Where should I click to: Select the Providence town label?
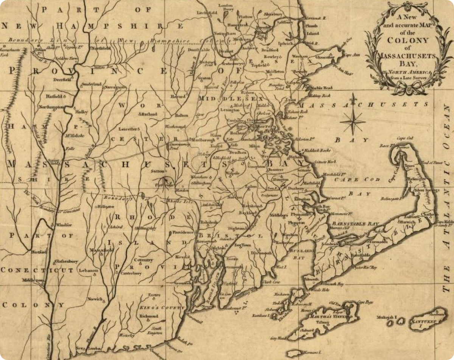pyautogui.click(x=183, y=232)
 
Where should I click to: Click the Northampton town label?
pyautogui.click(x=51, y=107)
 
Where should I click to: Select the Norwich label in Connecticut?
pyautogui.click(x=95, y=299)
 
